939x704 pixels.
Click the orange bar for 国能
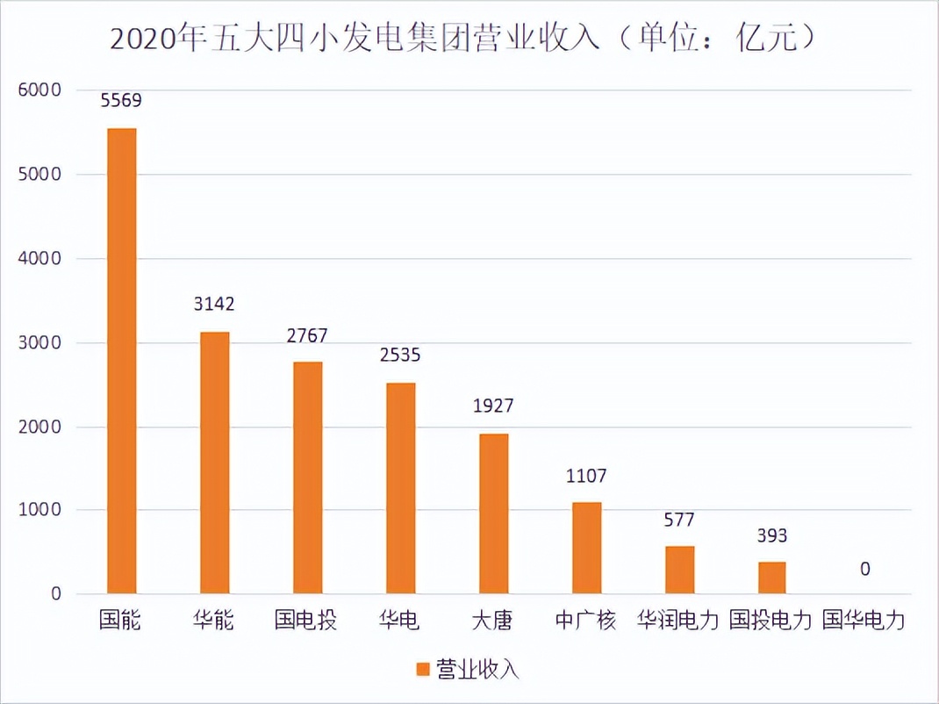pyautogui.click(x=121, y=361)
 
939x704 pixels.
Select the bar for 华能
pyautogui.click(x=214, y=463)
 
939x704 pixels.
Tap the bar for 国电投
pyautogui.click(x=307, y=478)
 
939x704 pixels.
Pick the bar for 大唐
pyautogui.click(x=493, y=514)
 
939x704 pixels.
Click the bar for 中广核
pyautogui.click(x=586, y=548)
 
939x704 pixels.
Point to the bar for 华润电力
pyautogui.click(x=679, y=570)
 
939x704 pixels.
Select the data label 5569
pyautogui.click(x=121, y=100)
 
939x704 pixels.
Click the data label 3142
pyautogui.click(x=214, y=305)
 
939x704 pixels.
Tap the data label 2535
pyautogui.click(x=400, y=356)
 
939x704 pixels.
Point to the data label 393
pyautogui.click(x=772, y=535)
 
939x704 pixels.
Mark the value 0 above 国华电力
pyautogui.click(x=865, y=570)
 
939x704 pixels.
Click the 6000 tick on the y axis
pyautogui.click(x=39, y=90)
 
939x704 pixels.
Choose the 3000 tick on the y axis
pyautogui.click(x=39, y=342)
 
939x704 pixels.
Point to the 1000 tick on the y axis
pyautogui.click(x=39, y=510)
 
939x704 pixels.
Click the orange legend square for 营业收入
pyautogui.click(x=422, y=669)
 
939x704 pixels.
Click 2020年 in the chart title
pyautogui.click(x=158, y=40)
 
